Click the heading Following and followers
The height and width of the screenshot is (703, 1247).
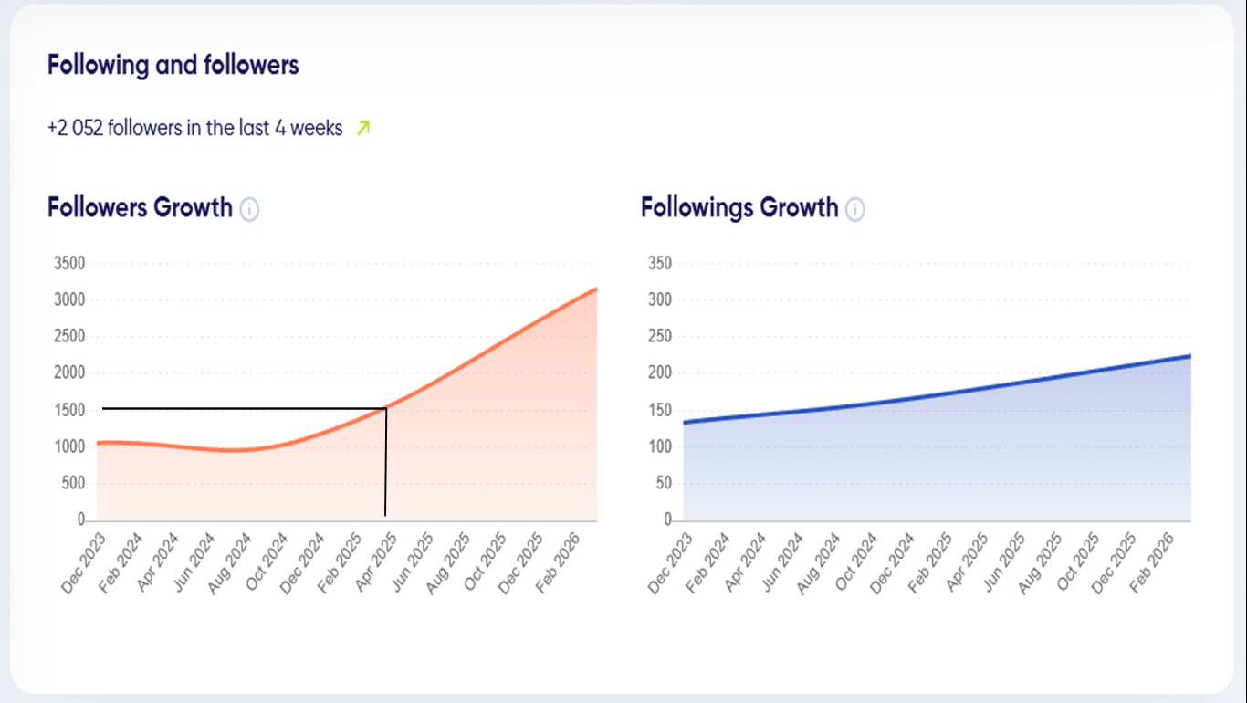(173, 65)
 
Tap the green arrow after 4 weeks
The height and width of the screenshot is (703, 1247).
(363, 128)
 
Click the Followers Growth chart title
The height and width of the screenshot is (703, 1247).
(140, 207)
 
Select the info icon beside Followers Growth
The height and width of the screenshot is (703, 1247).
(249, 210)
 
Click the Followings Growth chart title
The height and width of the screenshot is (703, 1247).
(739, 207)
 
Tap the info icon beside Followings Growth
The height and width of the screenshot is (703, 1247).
(854, 210)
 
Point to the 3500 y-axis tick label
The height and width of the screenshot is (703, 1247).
(69, 264)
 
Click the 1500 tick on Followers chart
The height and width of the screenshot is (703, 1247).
(69, 411)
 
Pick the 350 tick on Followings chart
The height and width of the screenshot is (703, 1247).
(659, 264)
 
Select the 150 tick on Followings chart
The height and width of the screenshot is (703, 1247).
(659, 411)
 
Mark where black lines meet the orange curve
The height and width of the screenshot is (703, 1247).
(386, 408)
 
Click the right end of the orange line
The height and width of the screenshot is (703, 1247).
(596, 289)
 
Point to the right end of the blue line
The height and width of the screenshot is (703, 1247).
(1190, 356)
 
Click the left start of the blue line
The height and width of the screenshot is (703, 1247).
(684, 423)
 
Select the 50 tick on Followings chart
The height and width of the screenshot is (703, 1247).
(662, 484)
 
